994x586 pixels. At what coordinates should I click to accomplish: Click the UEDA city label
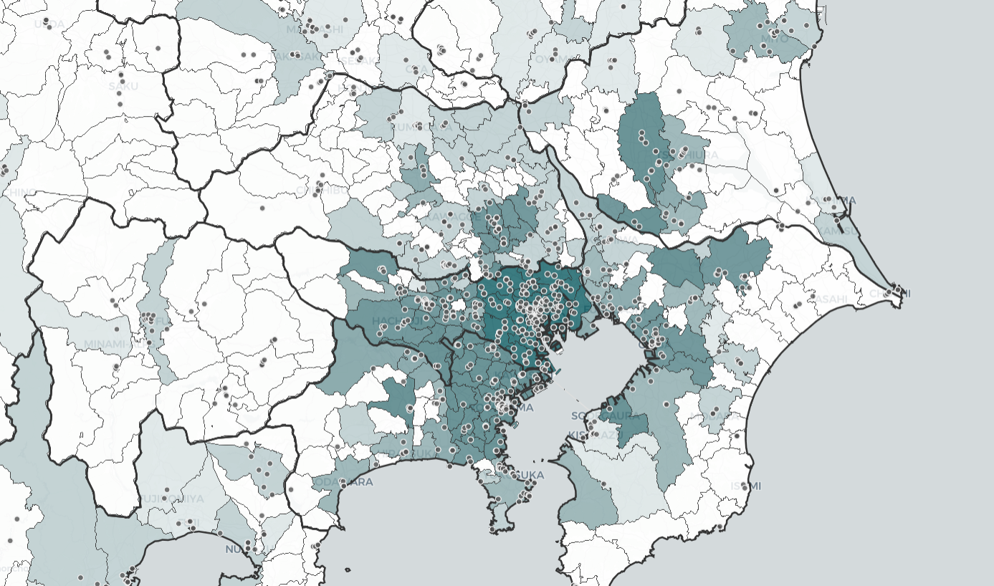(x=49, y=24)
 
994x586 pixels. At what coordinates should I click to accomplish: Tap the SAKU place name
(x=123, y=86)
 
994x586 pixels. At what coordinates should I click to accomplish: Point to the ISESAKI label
(x=357, y=61)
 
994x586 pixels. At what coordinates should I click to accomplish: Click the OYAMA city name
(x=553, y=59)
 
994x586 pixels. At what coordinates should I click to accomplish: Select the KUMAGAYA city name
(x=414, y=127)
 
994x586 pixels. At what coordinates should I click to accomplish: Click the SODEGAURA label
(x=601, y=416)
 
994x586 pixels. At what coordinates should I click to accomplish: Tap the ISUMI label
(x=745, y=486)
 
